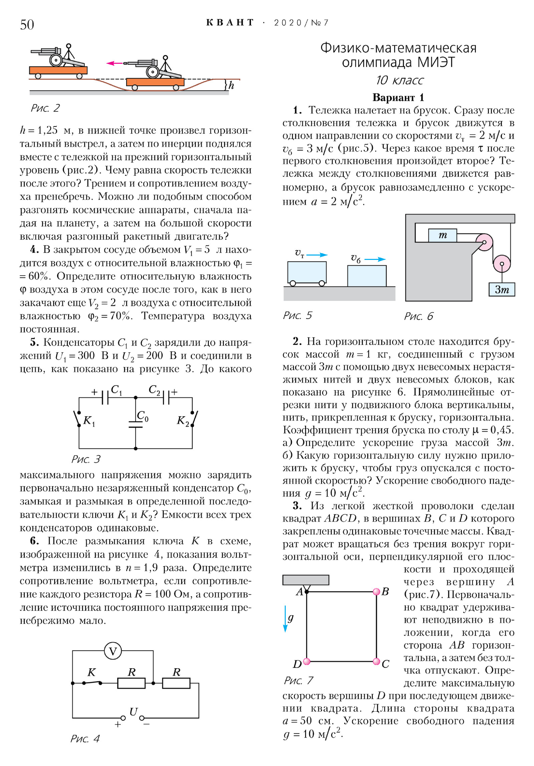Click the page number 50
tap(27, 25)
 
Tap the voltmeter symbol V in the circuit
tap(113, 651)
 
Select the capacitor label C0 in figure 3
tap(143, 416)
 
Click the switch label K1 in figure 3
tap(89, 421)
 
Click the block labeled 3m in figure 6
tap(502, 289)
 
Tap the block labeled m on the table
tap(443, 235)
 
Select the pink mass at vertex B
tap(376, 592)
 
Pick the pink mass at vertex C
tap(376, 661)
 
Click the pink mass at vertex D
tap(307, 661)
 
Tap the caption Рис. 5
tap(297, 316)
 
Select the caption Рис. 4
tap(85, 739)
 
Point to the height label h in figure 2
tap(231, 85)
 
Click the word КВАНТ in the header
tap(230, 23)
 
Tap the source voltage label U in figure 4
tap(133, 712)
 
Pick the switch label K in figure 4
tap(91, 672)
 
